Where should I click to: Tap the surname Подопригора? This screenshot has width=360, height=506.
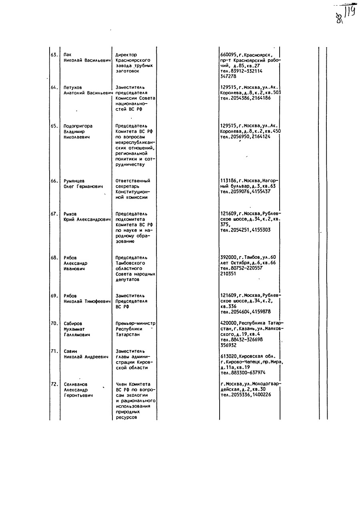78,126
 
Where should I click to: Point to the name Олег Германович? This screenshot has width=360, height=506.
83,186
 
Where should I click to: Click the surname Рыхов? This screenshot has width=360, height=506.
70,214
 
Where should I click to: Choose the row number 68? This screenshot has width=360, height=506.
54,258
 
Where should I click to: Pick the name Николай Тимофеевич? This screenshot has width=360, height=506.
87,302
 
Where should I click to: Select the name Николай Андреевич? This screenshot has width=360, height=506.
86,357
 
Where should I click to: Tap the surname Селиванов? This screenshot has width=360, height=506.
76,384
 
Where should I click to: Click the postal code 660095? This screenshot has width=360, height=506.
228,55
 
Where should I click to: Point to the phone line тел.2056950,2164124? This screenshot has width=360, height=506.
245,137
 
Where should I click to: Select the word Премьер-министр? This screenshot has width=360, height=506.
136,324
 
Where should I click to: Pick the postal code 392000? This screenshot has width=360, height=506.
228,258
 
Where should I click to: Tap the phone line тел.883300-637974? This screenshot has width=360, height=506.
243,373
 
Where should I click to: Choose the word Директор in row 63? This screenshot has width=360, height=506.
126,55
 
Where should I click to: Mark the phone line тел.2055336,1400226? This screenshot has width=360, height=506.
246,395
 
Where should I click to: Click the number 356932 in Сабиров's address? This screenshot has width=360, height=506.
228,345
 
